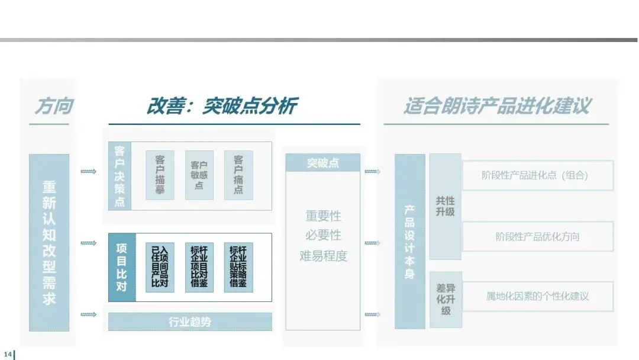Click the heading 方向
click(53, 106)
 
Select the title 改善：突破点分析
click(221, 106)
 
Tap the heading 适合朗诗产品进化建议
click(496, 106)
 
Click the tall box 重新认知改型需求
click(49, 243)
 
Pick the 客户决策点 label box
click(120, 176)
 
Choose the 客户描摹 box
click(160, 175)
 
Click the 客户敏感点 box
click(199, 175)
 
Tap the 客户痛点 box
click(238, 175)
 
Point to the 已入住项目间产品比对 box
click(160, 267)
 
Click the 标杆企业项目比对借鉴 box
click(199, 267)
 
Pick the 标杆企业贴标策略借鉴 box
click(238, 267)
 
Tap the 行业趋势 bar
click(190, 322)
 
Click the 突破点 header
click(322, 163)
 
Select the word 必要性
click(323, 235)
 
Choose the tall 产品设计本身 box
click(409, 242)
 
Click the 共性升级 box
click(445, 207)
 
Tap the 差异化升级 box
click(445, 300)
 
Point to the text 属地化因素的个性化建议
click(537, 296)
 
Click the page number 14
click(8, 354)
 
